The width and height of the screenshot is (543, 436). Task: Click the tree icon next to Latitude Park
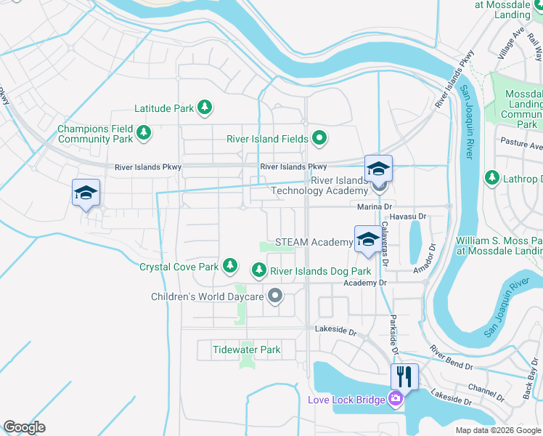point(205,108)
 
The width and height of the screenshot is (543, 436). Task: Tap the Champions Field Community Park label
point(95,134)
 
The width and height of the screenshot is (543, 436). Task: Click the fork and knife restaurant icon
point(404,376)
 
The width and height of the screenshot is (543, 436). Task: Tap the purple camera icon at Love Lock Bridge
point(395,398)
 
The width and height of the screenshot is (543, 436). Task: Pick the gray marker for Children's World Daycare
point(274,295)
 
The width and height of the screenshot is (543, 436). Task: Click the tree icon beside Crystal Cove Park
point(230,266)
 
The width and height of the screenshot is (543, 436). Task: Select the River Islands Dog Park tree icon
point(258,270)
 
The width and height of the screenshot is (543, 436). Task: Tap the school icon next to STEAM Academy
point(367,238)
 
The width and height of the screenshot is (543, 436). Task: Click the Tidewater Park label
point(246,350)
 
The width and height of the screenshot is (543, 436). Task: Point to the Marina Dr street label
point(375,207)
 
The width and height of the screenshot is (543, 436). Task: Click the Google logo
point(25,428)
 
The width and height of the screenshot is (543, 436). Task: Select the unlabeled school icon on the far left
point(86,193)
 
